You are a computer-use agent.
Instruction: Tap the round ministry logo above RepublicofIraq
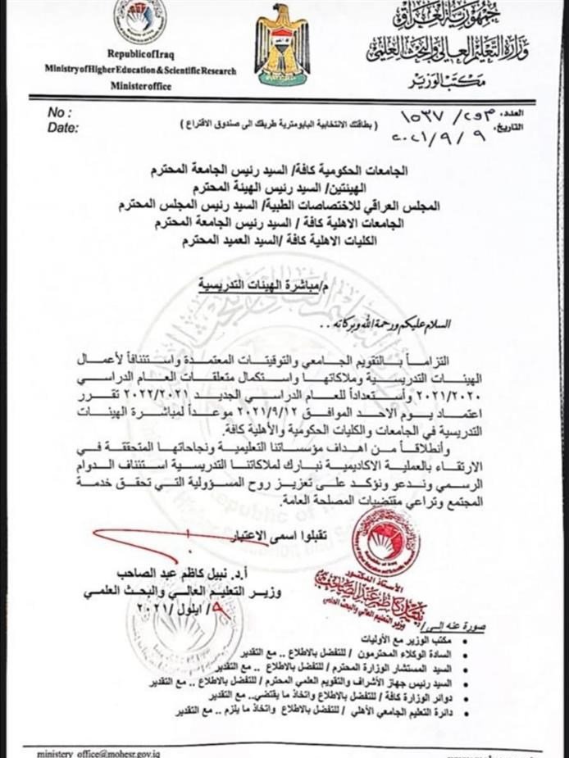[139, 22]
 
